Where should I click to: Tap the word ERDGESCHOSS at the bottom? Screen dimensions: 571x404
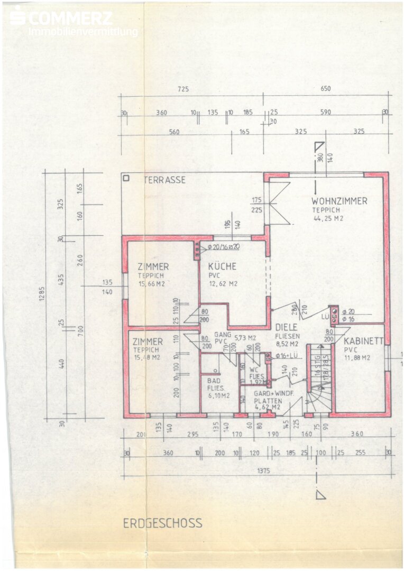163,523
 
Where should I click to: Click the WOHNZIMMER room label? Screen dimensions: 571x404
339,201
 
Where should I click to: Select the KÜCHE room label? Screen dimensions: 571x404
222,266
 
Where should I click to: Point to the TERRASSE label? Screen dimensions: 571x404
165,180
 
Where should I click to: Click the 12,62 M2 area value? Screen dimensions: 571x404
223,283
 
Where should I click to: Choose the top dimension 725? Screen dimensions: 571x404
183,89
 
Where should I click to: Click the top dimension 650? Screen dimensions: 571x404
326,89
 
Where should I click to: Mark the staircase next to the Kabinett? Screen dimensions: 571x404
320,378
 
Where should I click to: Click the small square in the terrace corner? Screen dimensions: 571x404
126,178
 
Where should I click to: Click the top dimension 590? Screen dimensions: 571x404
326,113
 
